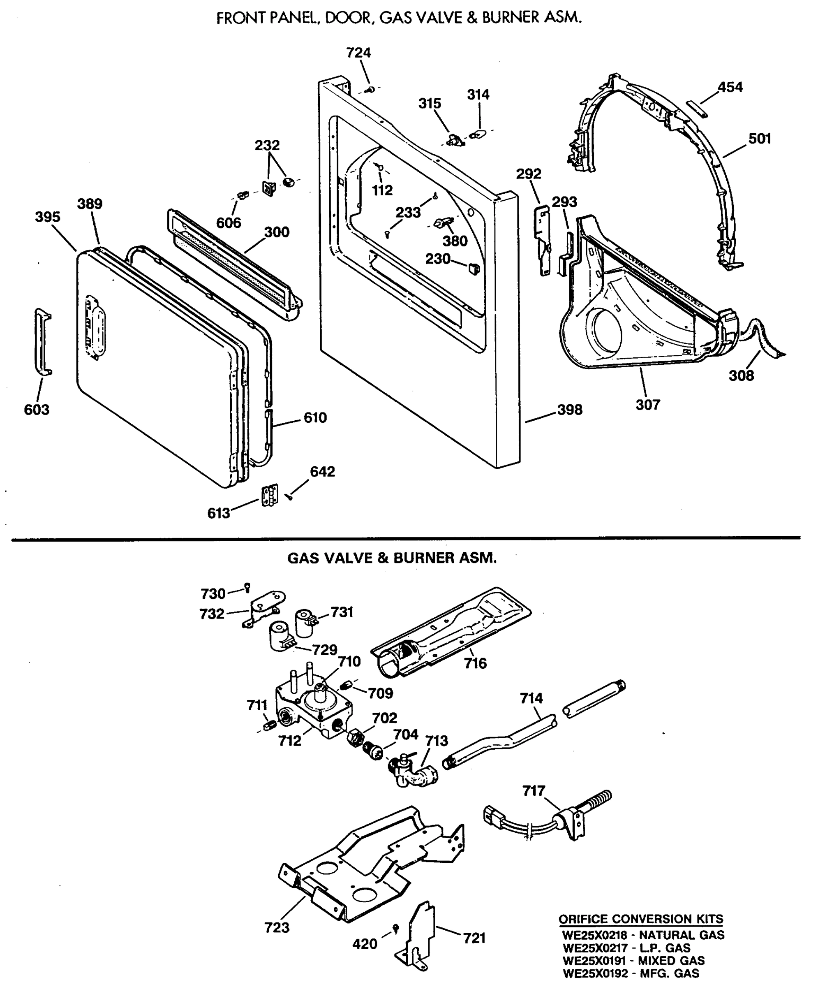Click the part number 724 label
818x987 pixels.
[358, 53]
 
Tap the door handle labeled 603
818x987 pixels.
[42, 342]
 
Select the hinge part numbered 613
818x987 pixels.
[270, 496]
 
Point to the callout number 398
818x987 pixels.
[569, 410]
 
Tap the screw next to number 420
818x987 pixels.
[395, 927]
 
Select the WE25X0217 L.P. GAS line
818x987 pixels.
[626, 948]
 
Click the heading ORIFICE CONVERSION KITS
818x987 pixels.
[641, 919]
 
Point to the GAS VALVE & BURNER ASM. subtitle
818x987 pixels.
[392, 558]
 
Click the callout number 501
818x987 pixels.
[760, 139]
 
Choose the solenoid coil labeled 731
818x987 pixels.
[305, 622]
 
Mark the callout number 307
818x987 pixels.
[648, 405]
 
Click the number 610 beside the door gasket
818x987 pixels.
[315, 417]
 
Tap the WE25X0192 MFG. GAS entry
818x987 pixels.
[631, 973]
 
